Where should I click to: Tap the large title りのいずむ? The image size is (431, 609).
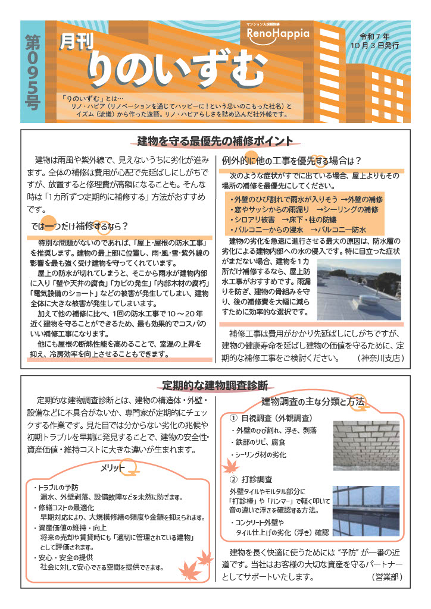tap(177, 67)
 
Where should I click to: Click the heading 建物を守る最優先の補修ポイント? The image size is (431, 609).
tap(215, 142)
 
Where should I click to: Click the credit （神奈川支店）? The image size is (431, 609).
tap(381, 359)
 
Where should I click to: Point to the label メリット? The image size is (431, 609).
tap(113, 467)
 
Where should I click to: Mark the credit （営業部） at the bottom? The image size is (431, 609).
tap(387, 577)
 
